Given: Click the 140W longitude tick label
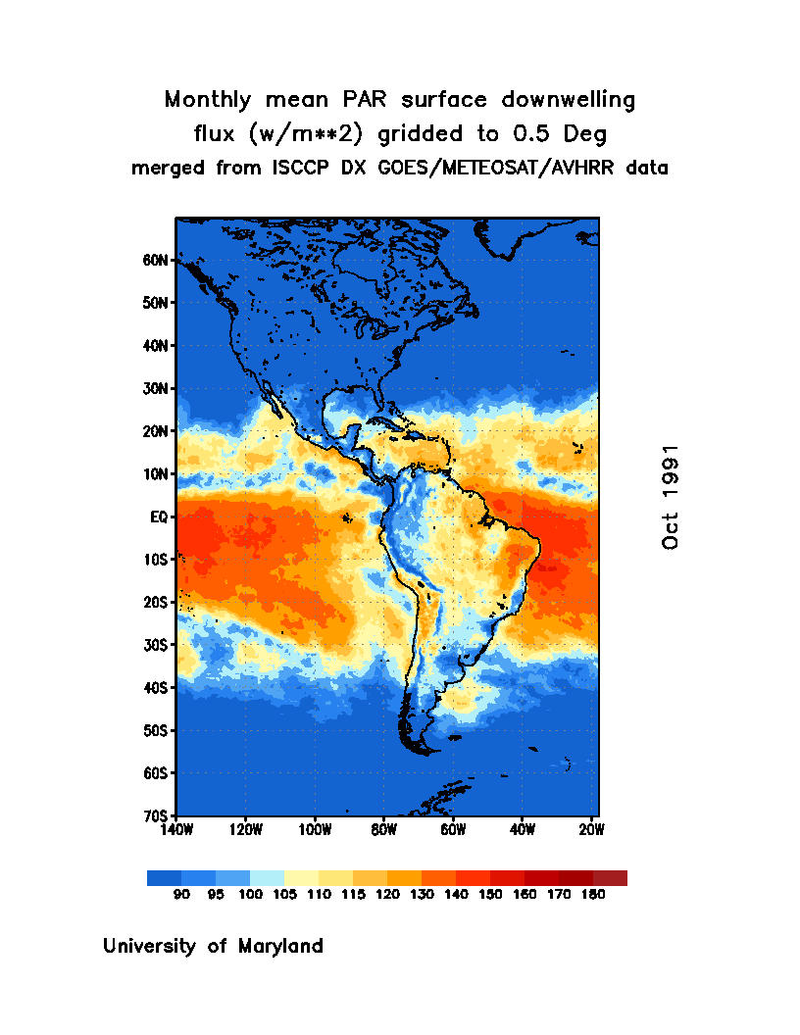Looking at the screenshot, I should (176, 829).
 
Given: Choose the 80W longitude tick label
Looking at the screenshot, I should (383, 829).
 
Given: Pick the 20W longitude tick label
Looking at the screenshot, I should (591, 829).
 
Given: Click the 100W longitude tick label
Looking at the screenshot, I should (315, 829).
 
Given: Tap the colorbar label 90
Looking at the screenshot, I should (181, 895).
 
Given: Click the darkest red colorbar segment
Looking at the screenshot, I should (610, 878).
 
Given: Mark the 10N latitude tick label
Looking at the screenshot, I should (158, 474).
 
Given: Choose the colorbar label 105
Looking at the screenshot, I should (284, 895).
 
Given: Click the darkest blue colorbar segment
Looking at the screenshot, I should (164, 878).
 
